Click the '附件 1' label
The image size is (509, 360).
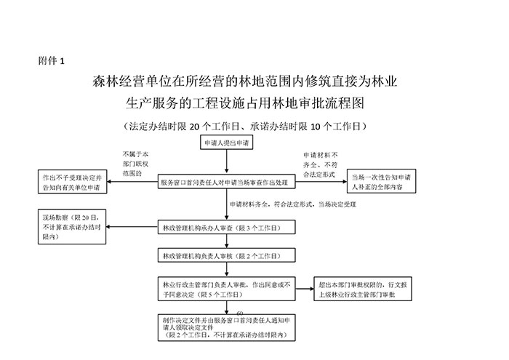pyautogui.click(x=51, y=61)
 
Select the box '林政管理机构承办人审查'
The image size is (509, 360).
pyautogui.click(x=227, y=228)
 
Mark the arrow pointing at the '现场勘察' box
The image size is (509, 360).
pyautogui.click(x=116, y=228)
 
